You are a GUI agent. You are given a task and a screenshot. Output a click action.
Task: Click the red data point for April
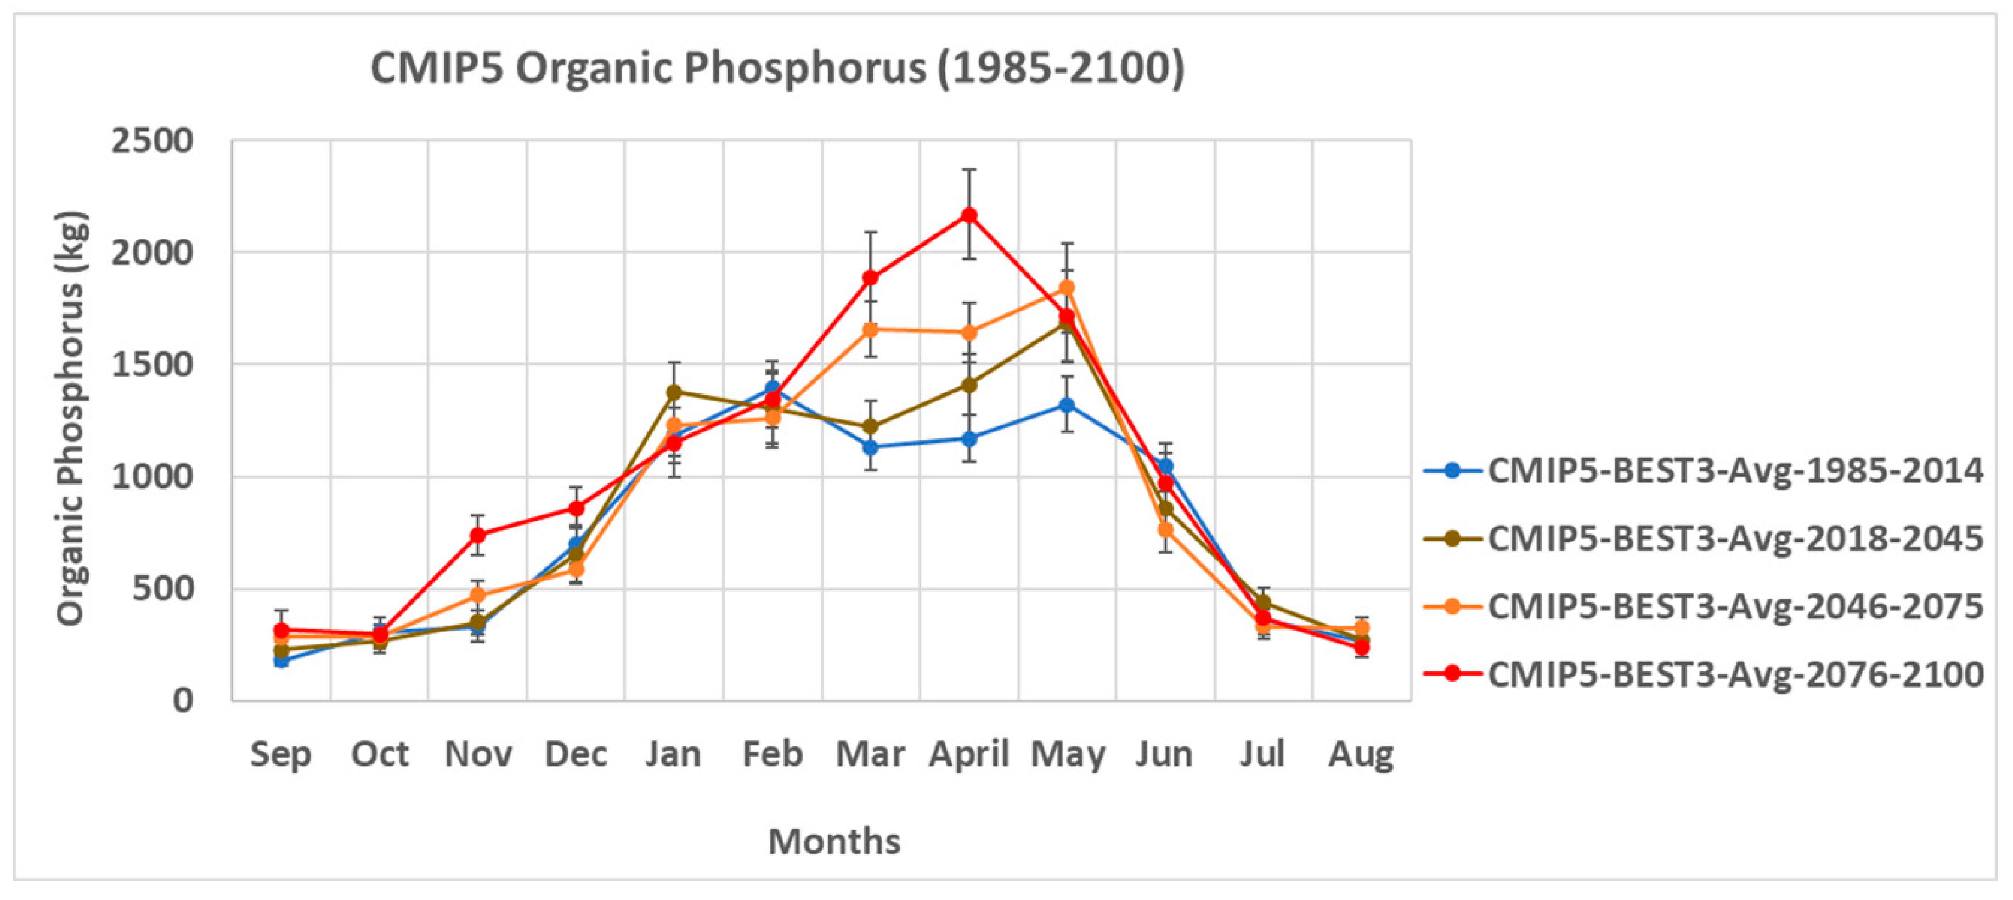(969, 215)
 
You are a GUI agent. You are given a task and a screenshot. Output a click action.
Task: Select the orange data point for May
(1067, 288)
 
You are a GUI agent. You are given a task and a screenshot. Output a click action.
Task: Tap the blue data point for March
(871, 447)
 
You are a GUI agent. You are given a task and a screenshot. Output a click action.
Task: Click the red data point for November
(477, 536)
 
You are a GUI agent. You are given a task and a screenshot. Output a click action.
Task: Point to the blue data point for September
(281, 660)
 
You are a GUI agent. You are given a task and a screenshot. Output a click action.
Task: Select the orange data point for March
(871, 330)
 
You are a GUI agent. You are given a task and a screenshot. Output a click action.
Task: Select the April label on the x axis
(969, 755)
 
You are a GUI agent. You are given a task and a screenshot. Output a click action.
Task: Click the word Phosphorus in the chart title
(805, 68)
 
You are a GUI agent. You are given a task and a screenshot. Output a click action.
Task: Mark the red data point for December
(576, 508)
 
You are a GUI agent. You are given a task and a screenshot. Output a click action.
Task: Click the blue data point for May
(1067, 405)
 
